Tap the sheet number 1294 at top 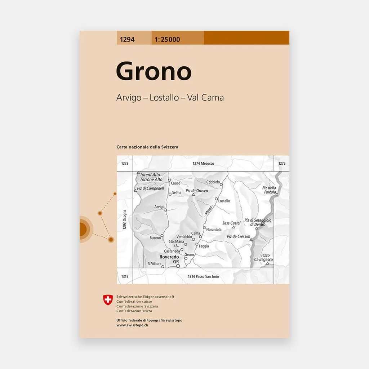point(125,40)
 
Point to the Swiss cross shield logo point(108,300)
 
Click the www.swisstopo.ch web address point(132,325)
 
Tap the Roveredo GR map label point(169,259)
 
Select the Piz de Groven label point(197,191)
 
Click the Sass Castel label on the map point(231,223)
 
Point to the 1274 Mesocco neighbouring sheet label point(203,164)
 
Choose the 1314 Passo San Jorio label point(203,276)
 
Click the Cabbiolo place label point(213,182)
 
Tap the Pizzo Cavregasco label point(263,257)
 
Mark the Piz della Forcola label point(269,190)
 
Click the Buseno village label point(155,238)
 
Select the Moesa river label point(209,210)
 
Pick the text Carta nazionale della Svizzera point(147,147)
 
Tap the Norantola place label point(214,230)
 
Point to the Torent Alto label point(150,175)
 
